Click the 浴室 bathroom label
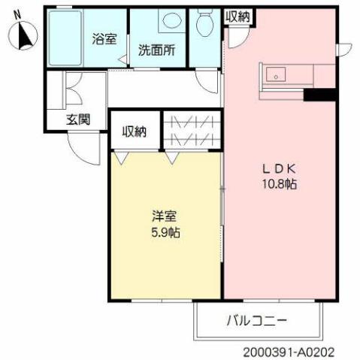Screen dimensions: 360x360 104,39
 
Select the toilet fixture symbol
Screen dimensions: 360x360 203,26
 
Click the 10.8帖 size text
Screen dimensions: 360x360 278,184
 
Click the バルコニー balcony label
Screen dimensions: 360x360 256,321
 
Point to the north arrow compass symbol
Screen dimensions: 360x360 23,35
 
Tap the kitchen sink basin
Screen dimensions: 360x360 276,74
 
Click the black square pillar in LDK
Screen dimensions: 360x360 319,95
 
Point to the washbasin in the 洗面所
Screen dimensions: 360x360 170,22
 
